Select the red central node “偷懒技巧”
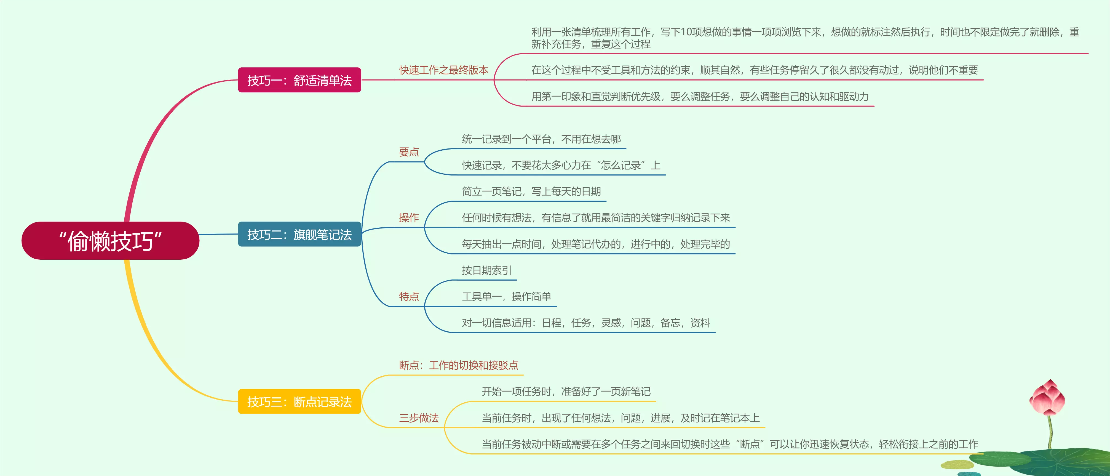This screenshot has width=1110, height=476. [110, 241]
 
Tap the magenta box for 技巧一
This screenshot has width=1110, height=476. [299, 80]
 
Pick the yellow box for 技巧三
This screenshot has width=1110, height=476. [299, 401]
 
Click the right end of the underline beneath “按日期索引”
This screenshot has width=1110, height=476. [517, 280]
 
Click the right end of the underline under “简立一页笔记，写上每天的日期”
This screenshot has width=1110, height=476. [606, 201]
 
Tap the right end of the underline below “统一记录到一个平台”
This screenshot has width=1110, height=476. [626, 149]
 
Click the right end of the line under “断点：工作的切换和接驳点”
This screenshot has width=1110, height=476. [523, 375]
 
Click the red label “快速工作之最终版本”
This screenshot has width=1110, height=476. [444, 70]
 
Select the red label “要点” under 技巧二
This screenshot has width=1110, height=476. [409, 152]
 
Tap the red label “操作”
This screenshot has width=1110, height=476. [409, 217]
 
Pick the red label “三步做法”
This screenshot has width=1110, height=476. [419, 418]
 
